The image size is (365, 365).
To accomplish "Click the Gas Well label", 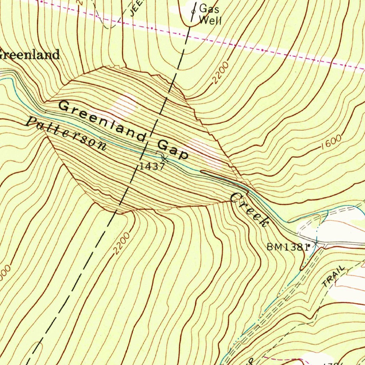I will coord(210,14).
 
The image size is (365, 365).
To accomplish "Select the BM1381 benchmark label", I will coord(287,247).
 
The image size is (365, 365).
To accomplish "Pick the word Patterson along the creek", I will coord(66,133).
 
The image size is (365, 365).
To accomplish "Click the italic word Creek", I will coord(249,210).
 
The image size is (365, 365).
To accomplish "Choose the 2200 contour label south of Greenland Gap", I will coord(120,246).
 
